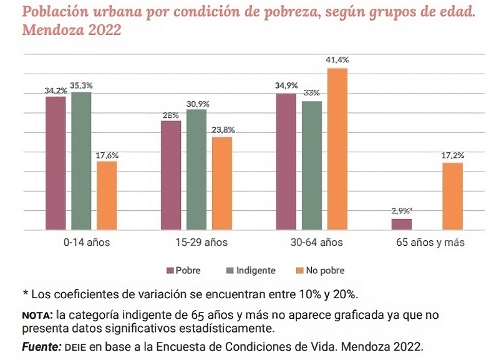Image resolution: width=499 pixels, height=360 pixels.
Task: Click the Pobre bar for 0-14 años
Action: pos(56,163)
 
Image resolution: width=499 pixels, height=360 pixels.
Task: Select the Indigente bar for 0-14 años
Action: pos(81,161)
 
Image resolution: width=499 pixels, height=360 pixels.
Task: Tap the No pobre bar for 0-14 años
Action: pos(107,195)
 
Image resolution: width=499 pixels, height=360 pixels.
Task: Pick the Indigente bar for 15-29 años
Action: pos(196,170)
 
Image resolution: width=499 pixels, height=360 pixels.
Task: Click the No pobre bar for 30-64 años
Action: pos(337,149)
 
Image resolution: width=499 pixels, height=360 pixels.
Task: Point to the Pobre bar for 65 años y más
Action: pos(402,225)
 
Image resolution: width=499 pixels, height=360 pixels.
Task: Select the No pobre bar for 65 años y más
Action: pos(453,196)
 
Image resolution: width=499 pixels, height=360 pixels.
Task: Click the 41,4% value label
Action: pos(337,60)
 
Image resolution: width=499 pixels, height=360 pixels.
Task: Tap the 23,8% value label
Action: pos(223,130)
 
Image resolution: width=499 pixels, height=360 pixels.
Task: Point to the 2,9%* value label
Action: pos(402,212)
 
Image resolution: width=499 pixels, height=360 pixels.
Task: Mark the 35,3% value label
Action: pos(82,85)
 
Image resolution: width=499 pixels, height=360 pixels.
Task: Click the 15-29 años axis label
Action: pos(196,242)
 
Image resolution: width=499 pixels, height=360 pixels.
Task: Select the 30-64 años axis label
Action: pos(311,242)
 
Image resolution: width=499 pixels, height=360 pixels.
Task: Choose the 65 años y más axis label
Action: pos(430,242)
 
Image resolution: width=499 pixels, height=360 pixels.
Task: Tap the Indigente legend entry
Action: pos(253,271)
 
